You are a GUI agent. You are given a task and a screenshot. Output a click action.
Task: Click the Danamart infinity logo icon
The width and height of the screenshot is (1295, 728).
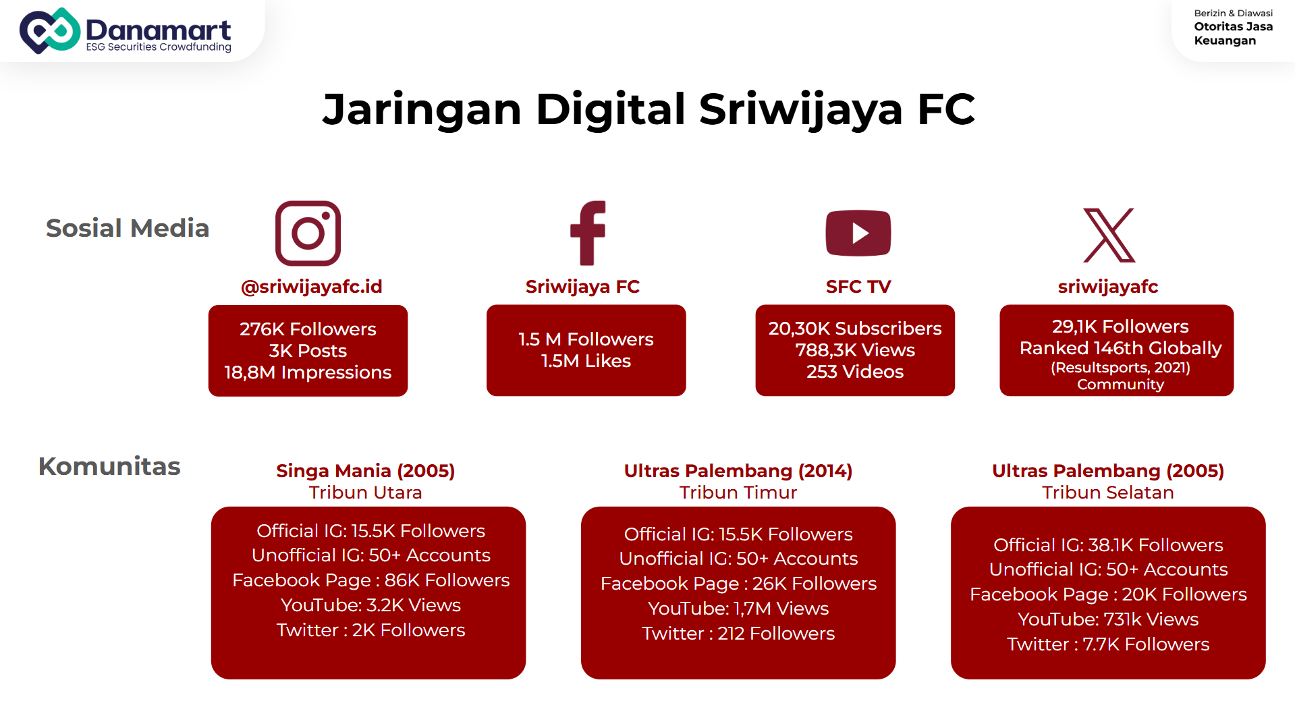click(x=50, y=30)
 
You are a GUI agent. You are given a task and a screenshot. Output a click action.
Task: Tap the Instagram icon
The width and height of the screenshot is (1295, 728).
click(x=308, y=233)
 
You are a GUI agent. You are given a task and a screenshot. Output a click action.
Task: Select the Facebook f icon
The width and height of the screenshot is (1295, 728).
click(x=588, y=233)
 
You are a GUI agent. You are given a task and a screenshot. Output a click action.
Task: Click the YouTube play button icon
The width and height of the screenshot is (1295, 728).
click(x=858, y=233)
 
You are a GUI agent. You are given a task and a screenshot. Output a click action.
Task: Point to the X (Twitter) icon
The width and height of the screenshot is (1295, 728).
click(x=1109, y=235)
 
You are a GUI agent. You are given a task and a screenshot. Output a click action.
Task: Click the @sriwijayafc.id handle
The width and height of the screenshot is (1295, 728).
click(x=312, y=287)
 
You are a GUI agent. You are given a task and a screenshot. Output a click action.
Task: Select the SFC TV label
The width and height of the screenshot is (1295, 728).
click(x=858, y=287)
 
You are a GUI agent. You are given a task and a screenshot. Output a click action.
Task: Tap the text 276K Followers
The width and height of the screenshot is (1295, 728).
click(x=308, y=329)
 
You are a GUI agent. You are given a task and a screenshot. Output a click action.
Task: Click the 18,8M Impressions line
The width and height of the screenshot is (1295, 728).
click(x=308, y=372)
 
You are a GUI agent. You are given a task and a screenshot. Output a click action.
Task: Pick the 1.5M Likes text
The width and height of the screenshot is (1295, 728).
click(x=586, y=361)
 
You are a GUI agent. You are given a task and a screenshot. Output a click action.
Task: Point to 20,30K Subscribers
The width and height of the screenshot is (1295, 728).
click(x=855, y=329)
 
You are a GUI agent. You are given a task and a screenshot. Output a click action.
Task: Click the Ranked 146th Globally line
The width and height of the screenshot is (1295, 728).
click(x=1120, y=348)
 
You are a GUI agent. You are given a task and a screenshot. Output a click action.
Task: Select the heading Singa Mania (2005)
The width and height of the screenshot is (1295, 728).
click(x=366, y=471)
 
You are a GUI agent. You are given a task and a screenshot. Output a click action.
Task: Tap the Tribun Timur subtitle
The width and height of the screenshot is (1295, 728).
click(x=738, y=493)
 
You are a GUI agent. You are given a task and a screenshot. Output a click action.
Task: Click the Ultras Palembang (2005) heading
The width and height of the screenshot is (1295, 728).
click(x=1108, y=471)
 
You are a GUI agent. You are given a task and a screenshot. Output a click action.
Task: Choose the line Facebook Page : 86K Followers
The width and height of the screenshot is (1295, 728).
click(x=371, y=580)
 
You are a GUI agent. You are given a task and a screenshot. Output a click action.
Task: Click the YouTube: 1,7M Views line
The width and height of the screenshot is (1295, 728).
click(x=738, y=609)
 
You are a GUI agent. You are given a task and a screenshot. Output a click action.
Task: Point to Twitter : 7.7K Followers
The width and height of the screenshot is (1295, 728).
click(x=1108, y=644)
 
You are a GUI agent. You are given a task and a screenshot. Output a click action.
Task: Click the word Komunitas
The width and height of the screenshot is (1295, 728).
click(x=109, y=466)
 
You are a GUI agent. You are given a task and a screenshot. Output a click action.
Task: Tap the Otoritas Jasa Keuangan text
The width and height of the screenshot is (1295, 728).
click(x=1233, y=34)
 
